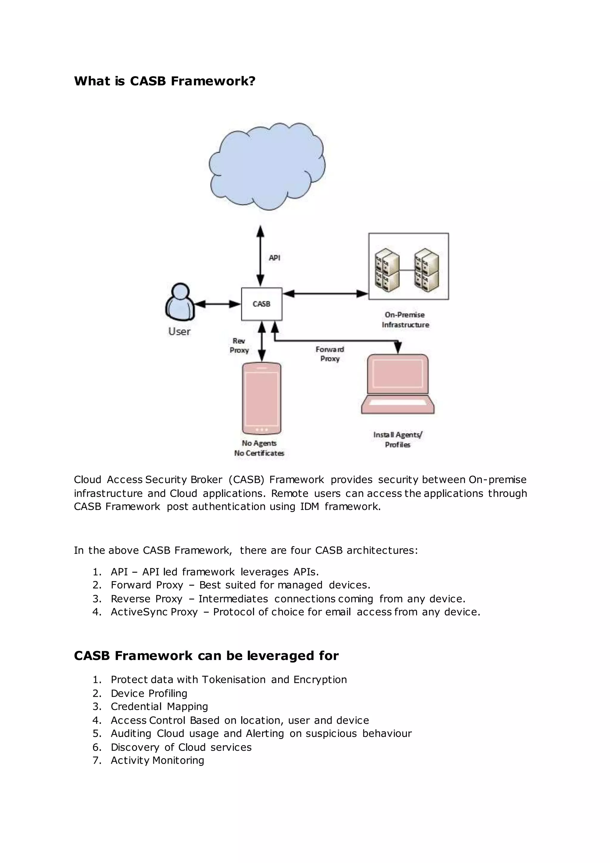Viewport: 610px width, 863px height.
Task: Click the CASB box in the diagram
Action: click(x=262, y=304)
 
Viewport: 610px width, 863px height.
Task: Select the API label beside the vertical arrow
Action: click(x=274, y=258)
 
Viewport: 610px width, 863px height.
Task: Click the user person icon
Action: click(x=180, y=302)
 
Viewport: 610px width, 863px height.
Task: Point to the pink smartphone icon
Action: click(x=262, y=398)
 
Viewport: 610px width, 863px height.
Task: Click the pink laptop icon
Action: click(x=397, y=384)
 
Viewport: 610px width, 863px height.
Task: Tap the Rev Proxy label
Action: click(x=239, y=345)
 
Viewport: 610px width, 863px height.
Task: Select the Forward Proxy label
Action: click(x=330, y=354)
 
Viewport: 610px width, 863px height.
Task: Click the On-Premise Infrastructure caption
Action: click(x=405, y=319)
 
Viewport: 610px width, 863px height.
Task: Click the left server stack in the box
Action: click(x=387, y=270)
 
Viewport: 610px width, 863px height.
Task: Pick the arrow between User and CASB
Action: click(x=217, y=304)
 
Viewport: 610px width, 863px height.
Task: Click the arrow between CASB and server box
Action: click(x=325, y=294)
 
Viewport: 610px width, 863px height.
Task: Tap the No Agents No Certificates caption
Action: click(x=259, y=448)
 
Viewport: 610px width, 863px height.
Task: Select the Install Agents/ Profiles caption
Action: click(x=397, y=439)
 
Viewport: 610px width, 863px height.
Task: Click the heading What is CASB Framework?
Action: click(x=164, y=81)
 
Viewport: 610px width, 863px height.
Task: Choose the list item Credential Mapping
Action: click(x=159, y=706)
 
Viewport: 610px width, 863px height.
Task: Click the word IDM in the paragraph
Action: click(x=309, y=506)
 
